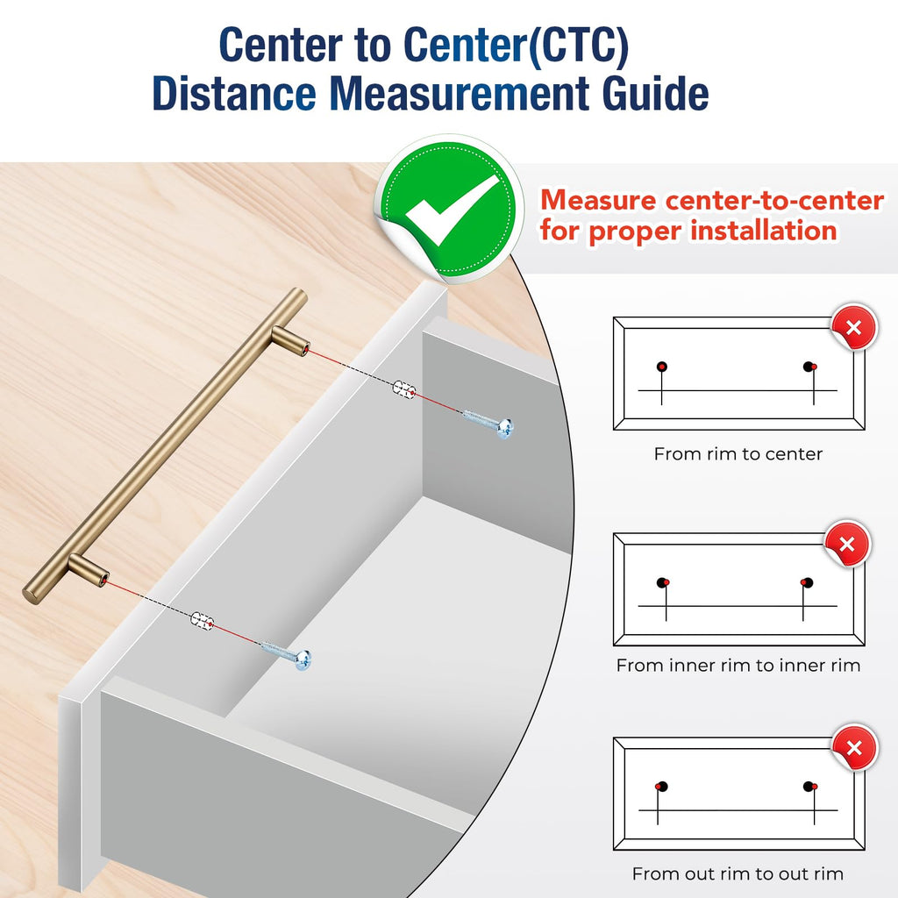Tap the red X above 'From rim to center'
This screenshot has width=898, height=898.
click(x=854, y=328)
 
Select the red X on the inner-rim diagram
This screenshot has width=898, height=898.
click(x=847, y=544)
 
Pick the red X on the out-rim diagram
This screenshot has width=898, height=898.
click(x=854, y=747)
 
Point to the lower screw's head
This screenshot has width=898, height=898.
click(x=303, y=659)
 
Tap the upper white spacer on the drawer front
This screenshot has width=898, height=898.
click(x=403, y=388)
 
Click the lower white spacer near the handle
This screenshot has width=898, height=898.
click(x=202, y=621)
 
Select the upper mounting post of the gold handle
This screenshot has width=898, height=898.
click(x=290, y=341)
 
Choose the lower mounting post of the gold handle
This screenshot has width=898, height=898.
click(x=89, y=570)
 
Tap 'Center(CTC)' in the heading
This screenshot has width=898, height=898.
click(x=516, y=45)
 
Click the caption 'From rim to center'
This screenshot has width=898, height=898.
click(x=738, y=454)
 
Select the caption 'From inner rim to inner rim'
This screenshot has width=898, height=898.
click(x=738, y=665)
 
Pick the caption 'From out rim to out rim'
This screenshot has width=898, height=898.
click(x=738, y=873)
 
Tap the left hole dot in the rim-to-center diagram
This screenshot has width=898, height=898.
click(x=662, y=367)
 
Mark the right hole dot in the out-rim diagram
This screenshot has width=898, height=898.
click(x=809, y=787)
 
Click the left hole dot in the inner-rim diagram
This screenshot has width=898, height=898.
click(x=663, y=583)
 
